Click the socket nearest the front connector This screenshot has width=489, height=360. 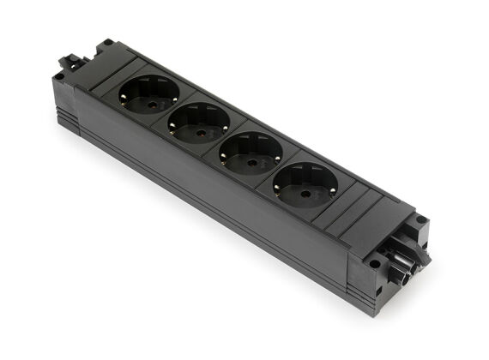305,184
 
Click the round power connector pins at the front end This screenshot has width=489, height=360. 403,261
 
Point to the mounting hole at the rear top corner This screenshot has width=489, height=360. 106,42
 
